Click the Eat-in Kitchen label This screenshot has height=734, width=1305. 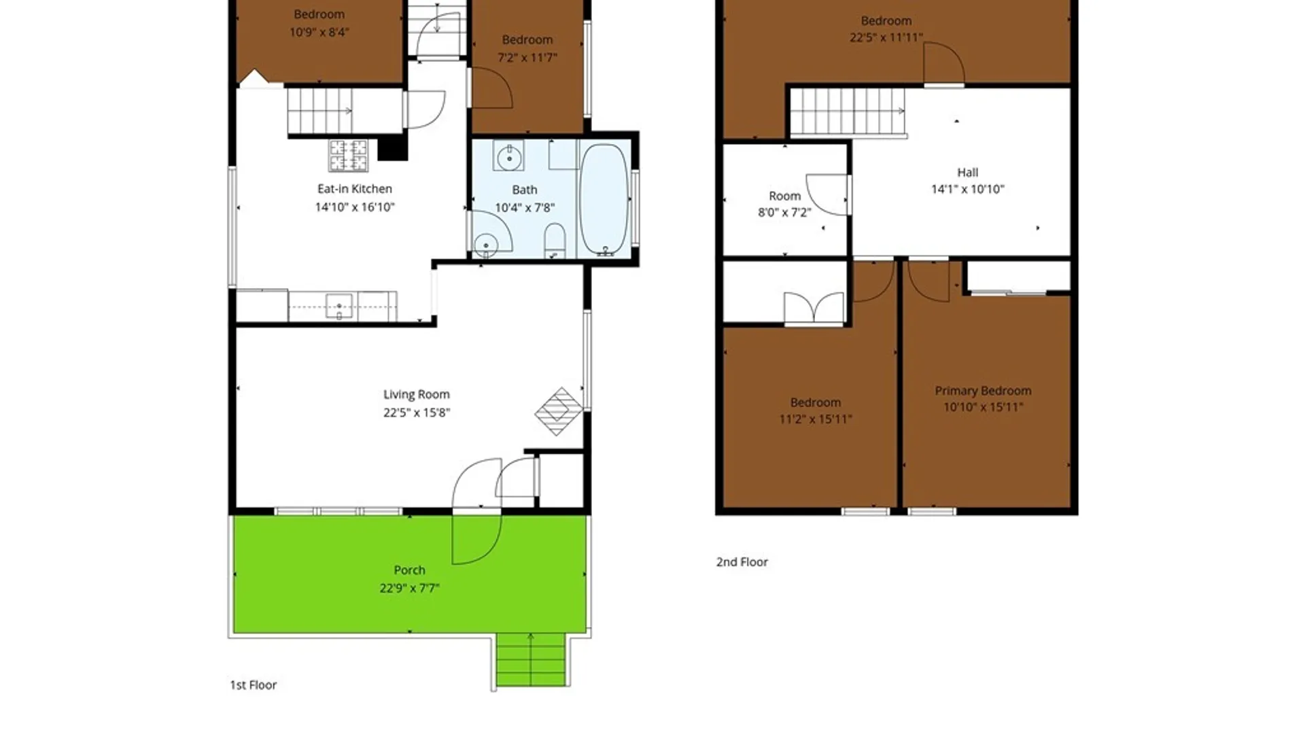(354, 189)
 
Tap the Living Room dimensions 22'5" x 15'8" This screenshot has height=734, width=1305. (416, 413)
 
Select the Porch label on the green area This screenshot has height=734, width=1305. (409, 570)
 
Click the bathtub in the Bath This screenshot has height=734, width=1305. (604, 200)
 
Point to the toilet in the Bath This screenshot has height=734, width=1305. (555, 241)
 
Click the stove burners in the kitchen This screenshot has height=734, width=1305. (348, 156)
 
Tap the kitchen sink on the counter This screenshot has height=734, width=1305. (339, 307)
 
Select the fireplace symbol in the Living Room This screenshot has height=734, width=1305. (559, 411)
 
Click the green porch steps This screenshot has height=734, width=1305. (530, 659)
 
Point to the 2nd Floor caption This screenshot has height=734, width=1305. (742, 562)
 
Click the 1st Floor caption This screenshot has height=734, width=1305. (253, 685)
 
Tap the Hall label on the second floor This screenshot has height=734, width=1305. (967, 173)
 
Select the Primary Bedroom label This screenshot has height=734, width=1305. (983, 391)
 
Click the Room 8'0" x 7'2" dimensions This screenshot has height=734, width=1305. (784, 213)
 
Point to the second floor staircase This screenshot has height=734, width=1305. (848, 112)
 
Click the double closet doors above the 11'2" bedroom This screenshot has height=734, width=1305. (814, 308)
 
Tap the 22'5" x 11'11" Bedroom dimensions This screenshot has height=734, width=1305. (886, 37)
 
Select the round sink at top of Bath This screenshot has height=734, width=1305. (508, 158)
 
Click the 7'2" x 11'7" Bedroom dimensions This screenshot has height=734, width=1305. (527, 58)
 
